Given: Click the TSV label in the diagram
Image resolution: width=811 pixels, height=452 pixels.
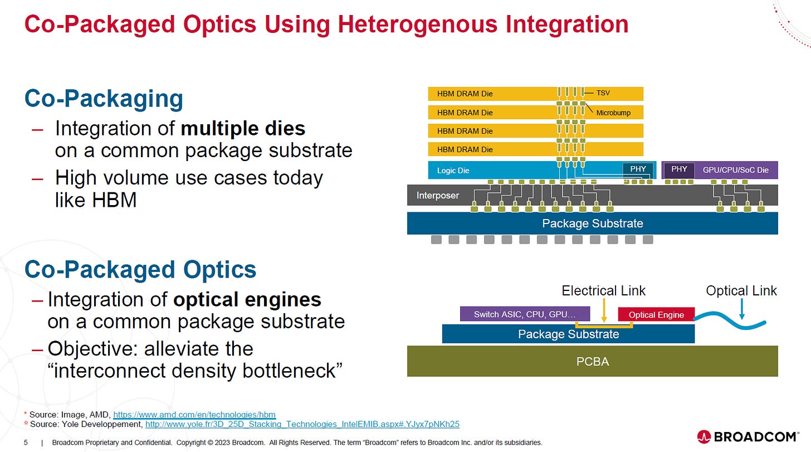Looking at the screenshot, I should pos(603,93).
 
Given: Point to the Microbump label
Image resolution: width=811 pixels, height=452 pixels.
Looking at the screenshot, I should pos(613,113).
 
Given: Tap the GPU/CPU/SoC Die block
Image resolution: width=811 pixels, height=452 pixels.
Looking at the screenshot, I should pos(735,170).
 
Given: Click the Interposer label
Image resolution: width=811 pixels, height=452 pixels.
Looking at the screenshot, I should pos(438,196).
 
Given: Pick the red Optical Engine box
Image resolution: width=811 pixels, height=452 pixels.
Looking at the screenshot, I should pos(656,314).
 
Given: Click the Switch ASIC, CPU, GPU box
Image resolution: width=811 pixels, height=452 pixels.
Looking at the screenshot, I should pos(524,314).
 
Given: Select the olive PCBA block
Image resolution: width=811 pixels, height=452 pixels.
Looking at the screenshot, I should pos(592,361).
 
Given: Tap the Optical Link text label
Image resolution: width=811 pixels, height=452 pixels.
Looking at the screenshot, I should pos(741,290).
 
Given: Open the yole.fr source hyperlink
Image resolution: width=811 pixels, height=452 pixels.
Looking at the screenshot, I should pos(302,424).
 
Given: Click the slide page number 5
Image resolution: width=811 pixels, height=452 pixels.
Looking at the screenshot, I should pos(26,443).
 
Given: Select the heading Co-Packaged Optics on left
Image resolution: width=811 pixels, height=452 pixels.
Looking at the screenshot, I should pos(140,270).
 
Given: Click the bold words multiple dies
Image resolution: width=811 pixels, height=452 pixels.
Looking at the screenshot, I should pos(243,129).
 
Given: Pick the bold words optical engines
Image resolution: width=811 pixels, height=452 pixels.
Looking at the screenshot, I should pos(247,300).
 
